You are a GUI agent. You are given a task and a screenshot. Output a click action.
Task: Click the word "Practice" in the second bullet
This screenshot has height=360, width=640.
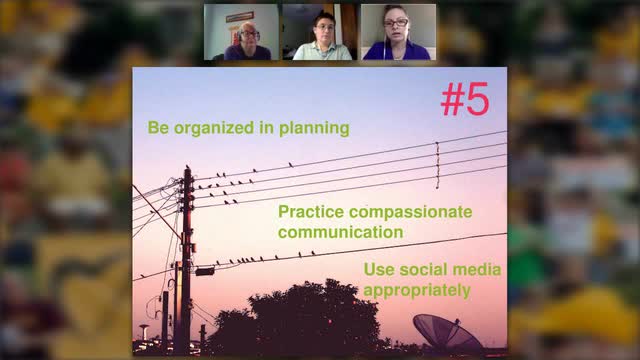pyautogui.click(x=310, y=212)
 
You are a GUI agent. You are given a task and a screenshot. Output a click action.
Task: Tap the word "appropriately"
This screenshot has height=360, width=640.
pyautogui.click(x=417, y=291)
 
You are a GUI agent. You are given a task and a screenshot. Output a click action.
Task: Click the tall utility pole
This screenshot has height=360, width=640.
pyautogui.click(x=186, y=260)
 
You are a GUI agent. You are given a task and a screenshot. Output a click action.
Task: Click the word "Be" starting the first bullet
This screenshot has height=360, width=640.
pyautogui.click(x=157, y=128)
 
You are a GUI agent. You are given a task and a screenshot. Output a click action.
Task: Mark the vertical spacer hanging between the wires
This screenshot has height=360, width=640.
pyautogui.click(x=437, y=164)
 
